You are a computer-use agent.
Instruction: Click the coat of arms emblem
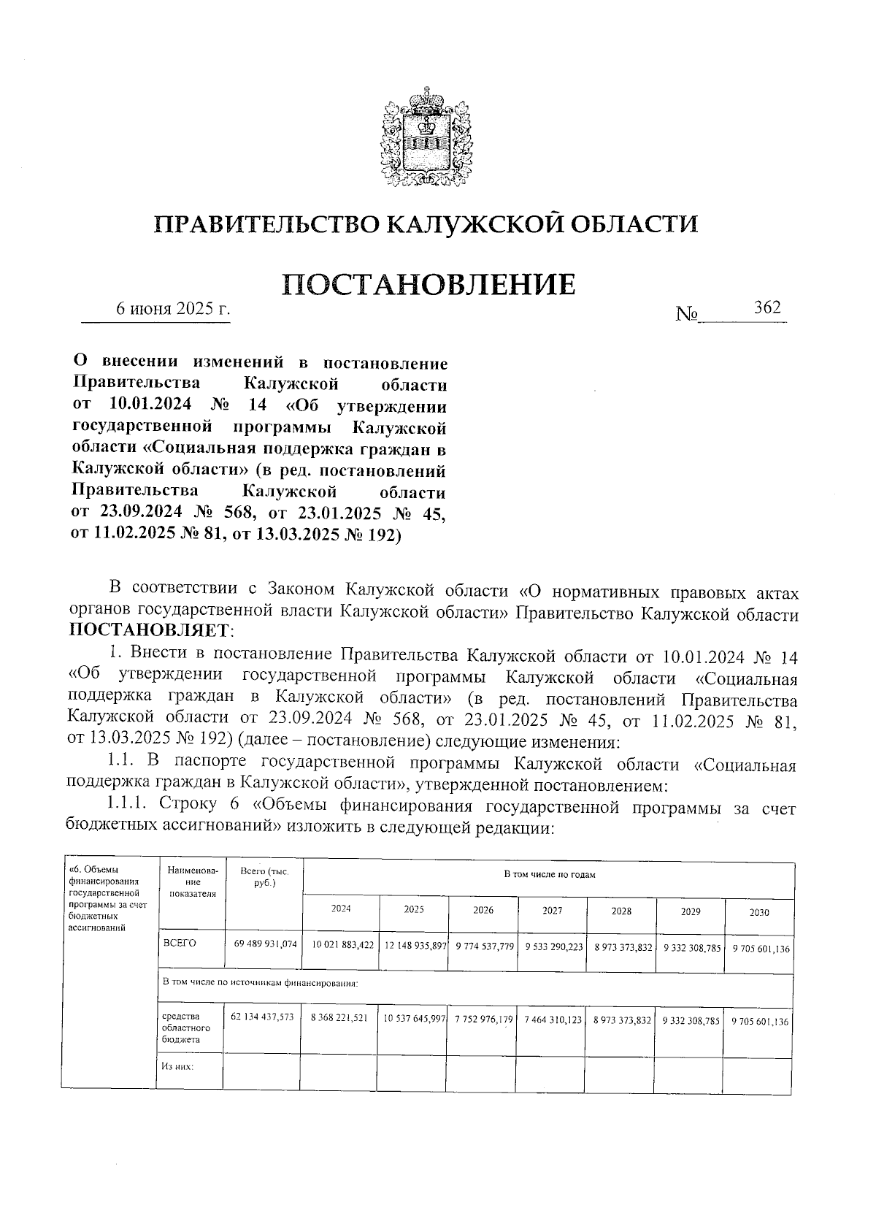click(x=426, y=138)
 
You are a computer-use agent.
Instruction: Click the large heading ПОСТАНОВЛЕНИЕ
click(x=429, y=285)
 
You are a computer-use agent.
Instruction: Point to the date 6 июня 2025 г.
click(x=174, y=309)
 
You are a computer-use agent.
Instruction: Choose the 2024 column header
click(x=341, y=909)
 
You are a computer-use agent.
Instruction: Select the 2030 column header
click(x=759, y=912)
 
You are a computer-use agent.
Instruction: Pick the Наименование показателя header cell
click(x=192, y=881)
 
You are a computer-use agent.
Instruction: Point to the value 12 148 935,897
click(x=415, y=946)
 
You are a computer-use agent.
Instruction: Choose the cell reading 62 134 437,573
click(x=262, y=1017)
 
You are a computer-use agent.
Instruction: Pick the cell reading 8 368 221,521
click(x=339, y=1017)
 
